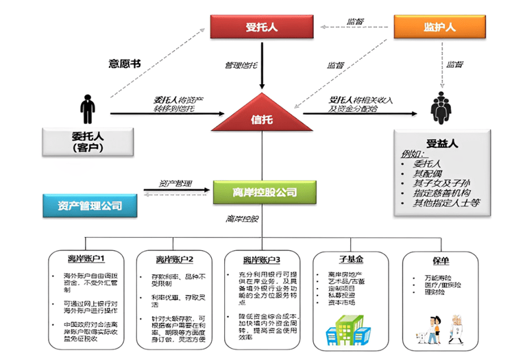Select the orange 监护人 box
pos(439,27)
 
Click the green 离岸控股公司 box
pos(264,193)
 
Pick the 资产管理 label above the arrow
pos(175,183)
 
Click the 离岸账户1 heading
pos(86,259)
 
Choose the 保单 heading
pos(439,260)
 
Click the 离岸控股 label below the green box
pos(242,219)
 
